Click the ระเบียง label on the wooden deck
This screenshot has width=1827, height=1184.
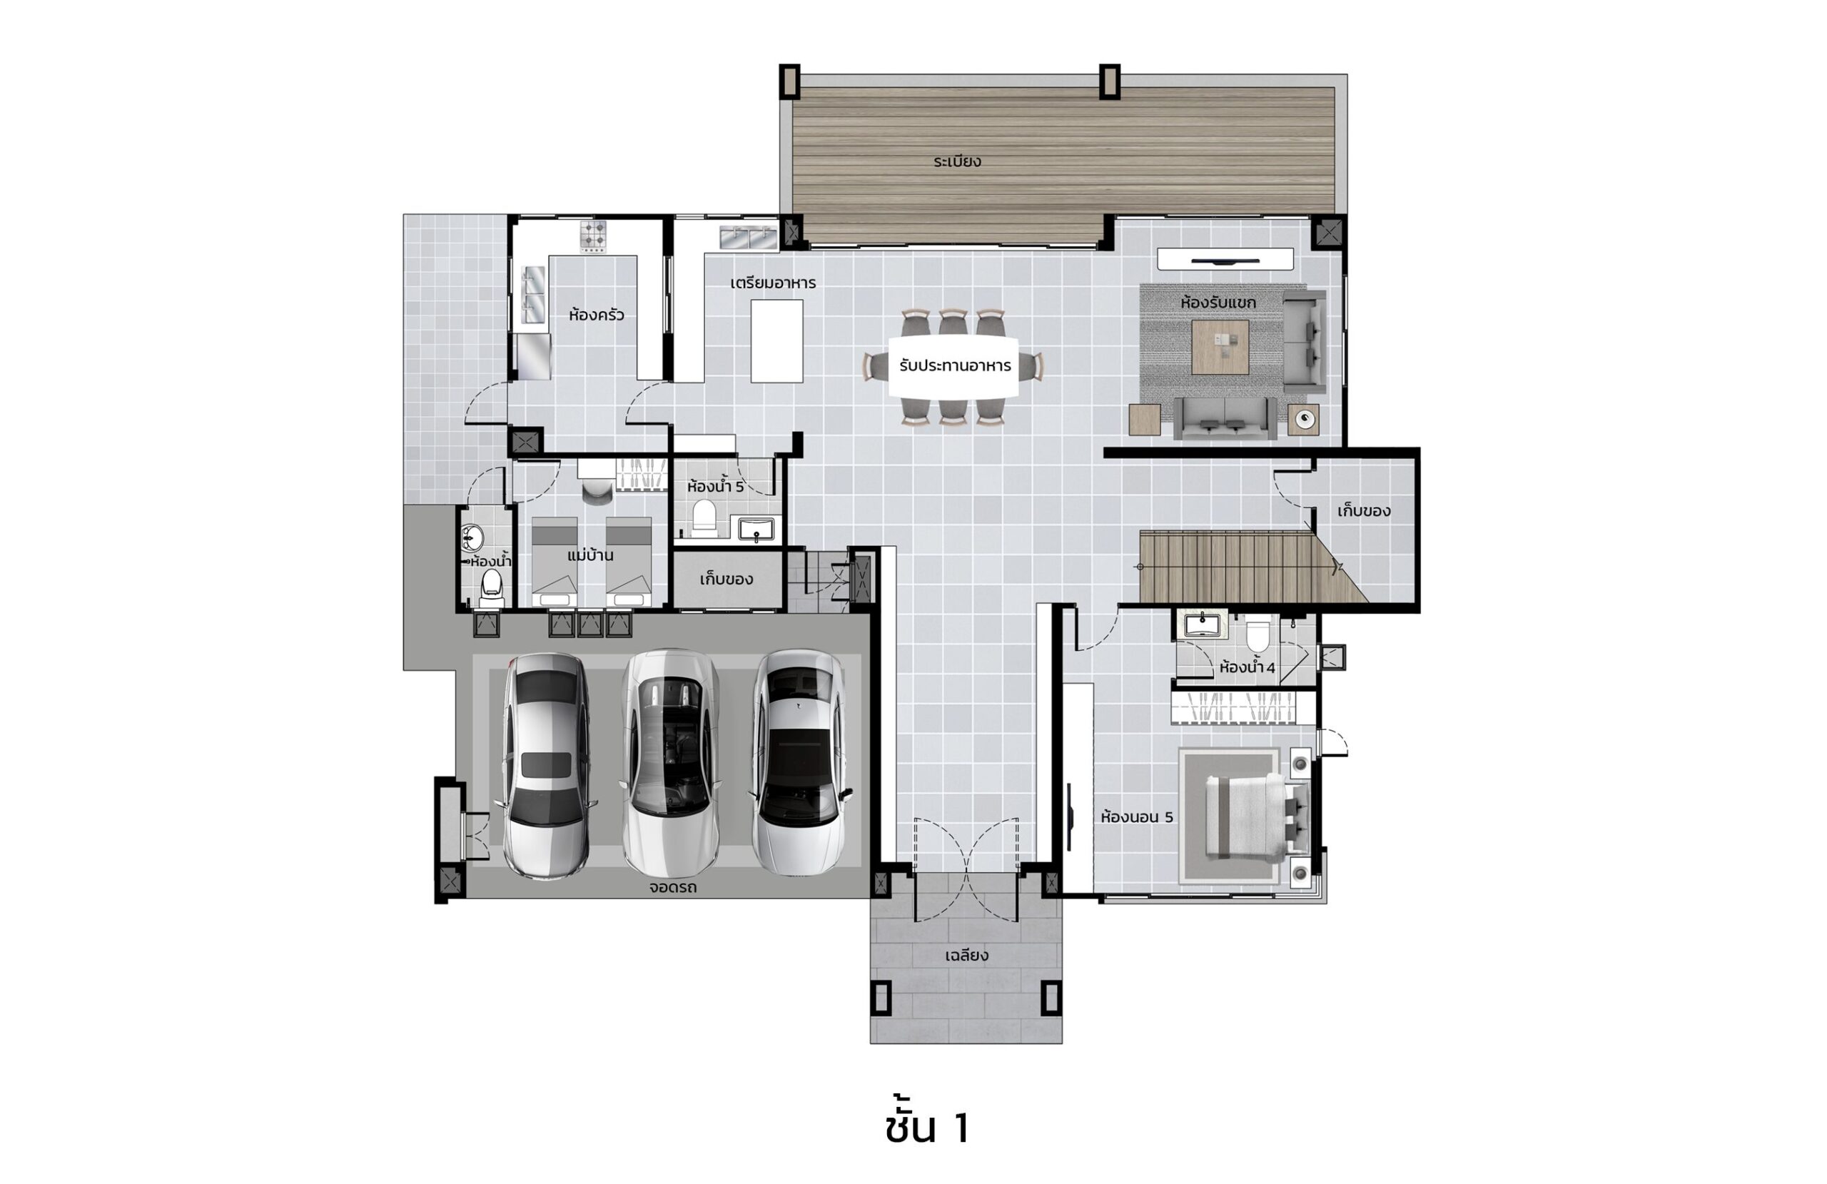(x=957, y=161)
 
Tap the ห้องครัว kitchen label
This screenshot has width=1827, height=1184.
(x=596, y=315)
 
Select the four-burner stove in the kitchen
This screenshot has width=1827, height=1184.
(x=592, y=236)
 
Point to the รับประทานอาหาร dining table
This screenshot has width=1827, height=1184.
(x=954, y=366)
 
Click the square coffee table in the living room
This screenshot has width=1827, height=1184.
(x=1220, y=347)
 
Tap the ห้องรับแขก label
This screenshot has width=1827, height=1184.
(x=1218, y=303)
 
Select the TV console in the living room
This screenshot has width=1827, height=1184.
(x=1225, y=259)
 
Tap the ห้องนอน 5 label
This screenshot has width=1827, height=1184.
(x=1137, y=817)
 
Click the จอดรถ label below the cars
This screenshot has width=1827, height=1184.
(x=672, y=888)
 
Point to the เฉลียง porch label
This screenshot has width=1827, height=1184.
(x=966, y=956)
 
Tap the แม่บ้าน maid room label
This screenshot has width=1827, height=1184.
(x=589, y=555)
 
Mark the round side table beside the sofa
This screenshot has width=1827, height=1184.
(x=1303, y=419)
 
